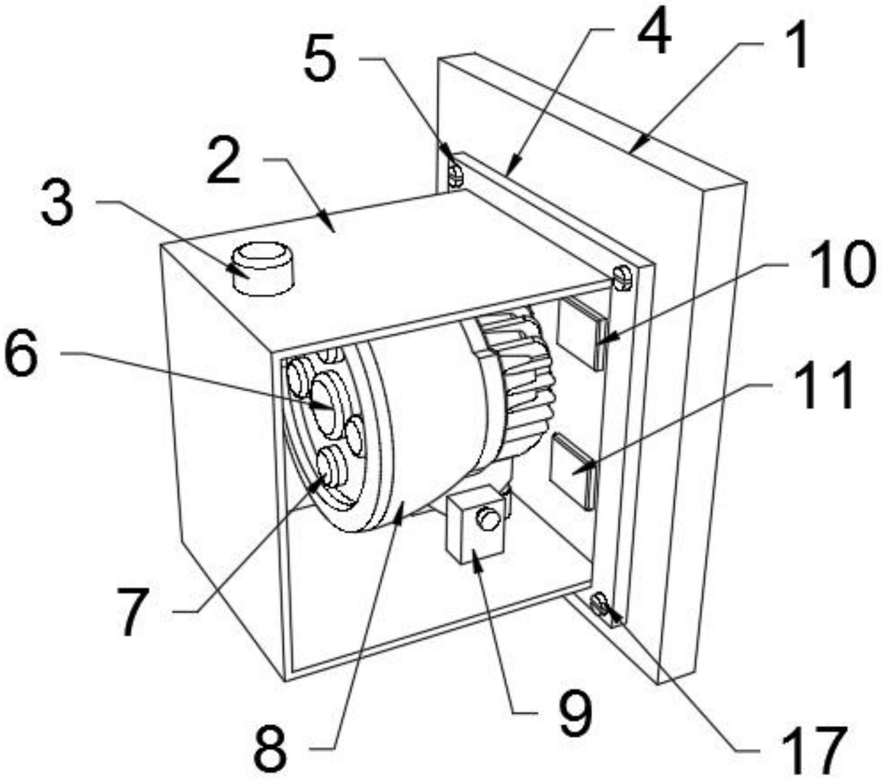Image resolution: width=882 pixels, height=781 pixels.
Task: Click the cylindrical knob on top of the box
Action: click(x=263, y=268)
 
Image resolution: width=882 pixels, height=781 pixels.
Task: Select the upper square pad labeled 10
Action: click(x=582, y=332)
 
